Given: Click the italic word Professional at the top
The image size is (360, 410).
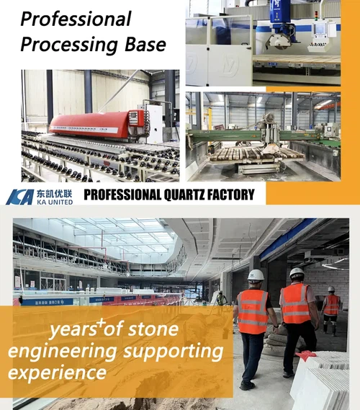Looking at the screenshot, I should pos(76,18).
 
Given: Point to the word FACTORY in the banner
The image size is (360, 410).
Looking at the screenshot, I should pos(229,194).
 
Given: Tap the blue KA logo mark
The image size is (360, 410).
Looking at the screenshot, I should pos(19,197).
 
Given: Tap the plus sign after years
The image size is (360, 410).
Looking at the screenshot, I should pos(103,324).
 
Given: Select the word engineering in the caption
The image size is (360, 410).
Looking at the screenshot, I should pos(66,352).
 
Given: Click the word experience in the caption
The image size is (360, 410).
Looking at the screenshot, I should pos(65,373).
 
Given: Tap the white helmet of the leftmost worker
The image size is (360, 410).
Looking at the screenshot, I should pos(256,275).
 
